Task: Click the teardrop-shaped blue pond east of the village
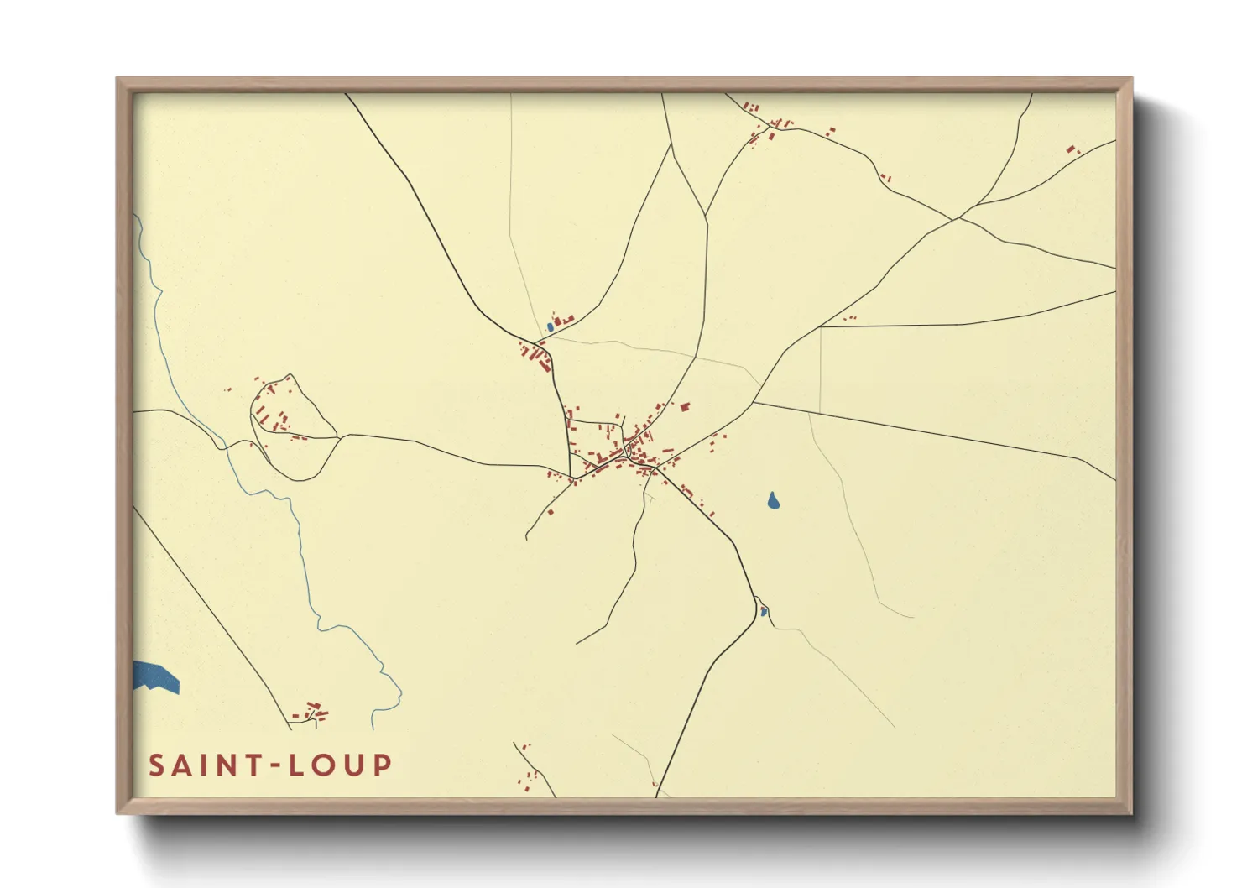click(x=773, y=501)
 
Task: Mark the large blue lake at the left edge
click(x=156, y=676)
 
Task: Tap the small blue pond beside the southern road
click(x=763, y=611)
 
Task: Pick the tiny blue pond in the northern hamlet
click(x=550, y=326)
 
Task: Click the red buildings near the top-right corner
click(x=1072, y=149)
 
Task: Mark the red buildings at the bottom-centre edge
click(x=527, y=776)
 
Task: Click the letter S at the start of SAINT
click(x=156, y=765)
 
